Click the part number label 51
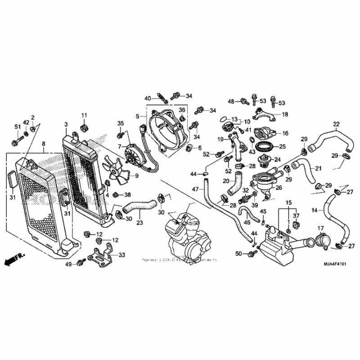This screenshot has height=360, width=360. pyautogui.click(x=18, y=126)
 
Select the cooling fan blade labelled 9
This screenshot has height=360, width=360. pyautogui.click(x=117, y=171)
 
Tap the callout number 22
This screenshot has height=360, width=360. pyautogui.click(x=336, y=124)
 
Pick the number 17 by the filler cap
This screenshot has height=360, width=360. pyautogui.click(x=321, y=228)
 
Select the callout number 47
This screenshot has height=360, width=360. pyautogui.click(x=195, y=189)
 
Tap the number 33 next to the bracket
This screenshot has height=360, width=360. pyautogui.click(x=121, y=255)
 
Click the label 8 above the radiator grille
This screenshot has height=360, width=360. pyautogui.click(x=43, y=144)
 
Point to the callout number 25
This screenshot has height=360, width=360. pyautogui.click(x=282, y=146)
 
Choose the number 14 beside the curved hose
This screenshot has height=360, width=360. pyautogui.click(x=315, y=210)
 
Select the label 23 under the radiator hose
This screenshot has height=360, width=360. pyautogui.click(x=139, y=222)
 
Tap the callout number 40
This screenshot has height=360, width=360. pyautogui.click(x=148, y=98)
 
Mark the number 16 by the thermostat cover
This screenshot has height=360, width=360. pyautogui.click(x=285, y=133)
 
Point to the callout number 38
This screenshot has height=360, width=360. pyautogui.click(x=127, y=195)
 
